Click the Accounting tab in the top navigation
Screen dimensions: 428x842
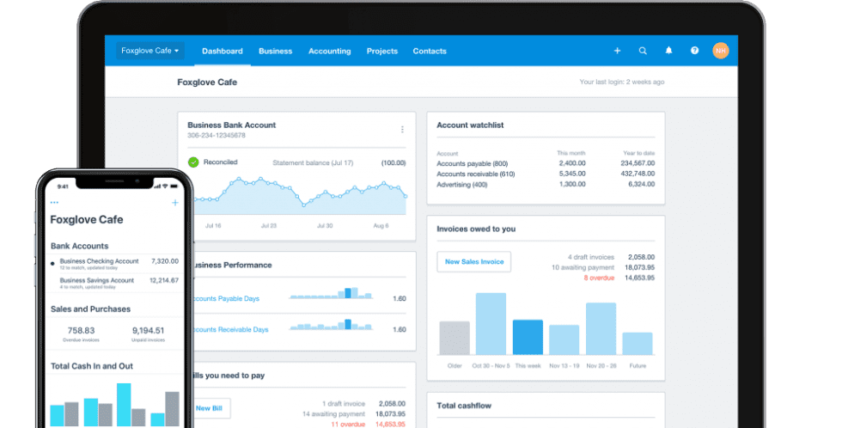pos(329,51)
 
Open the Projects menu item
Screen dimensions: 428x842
pos(381,51)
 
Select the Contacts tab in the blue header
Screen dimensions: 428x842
pos(429,51)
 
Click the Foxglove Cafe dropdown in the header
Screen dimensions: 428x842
pos(150,51)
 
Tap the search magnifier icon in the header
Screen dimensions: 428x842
pos(643,51)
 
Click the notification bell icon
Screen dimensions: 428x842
pos(668,51)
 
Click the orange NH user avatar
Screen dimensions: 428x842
pos(720,51)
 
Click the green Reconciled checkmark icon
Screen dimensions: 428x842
pos(193,162)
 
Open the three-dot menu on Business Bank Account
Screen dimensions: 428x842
pos(402,130)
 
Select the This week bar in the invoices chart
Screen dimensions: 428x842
pos(528,337)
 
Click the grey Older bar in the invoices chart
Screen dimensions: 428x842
pos(455,338)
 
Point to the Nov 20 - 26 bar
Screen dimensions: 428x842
pos(601,328)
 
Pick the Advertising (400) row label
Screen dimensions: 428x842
pos(462,185)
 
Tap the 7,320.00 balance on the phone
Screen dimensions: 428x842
pos(164,261)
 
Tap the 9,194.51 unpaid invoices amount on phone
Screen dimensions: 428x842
pos(148,330)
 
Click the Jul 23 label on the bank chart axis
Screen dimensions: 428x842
pos(268,226)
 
